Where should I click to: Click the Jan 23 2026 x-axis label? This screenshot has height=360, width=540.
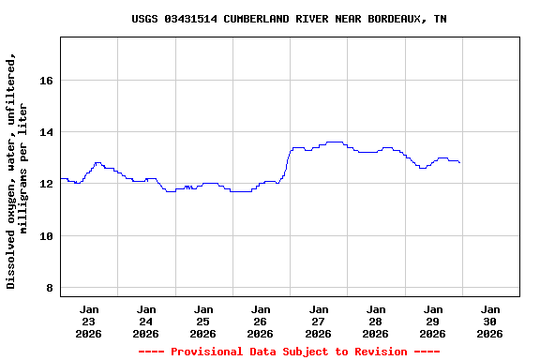tap(89, 321)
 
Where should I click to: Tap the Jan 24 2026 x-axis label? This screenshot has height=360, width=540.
tap(146, 321)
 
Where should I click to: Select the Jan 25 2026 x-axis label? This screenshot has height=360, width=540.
tap(203, 321)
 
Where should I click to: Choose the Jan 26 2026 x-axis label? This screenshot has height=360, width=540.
tap(261, 321)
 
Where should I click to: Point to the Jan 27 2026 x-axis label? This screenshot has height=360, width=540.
tap(318, 321)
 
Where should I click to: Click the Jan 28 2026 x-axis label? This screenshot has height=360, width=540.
tap(375, 321)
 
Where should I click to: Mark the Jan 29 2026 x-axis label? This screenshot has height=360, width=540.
tap(432, 321)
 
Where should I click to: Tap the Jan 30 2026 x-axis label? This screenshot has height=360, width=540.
tap(489, 321)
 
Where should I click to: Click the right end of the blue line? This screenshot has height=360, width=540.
tap(459, 163)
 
